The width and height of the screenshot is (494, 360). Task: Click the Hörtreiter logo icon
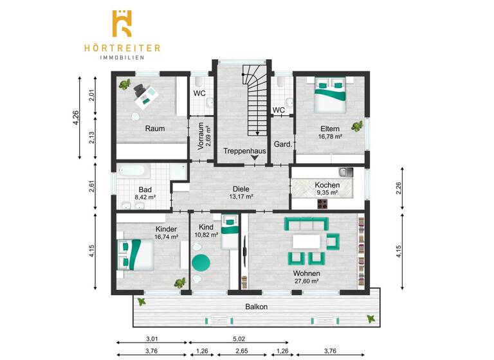(122, 24)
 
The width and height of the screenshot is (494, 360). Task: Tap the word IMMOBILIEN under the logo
(122, 57)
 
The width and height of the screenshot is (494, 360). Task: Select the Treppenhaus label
(245, 151)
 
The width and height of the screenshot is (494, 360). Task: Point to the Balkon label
(256, 307)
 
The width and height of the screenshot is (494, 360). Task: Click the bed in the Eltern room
(331, 94)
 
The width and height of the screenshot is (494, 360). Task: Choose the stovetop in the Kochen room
(321, 204)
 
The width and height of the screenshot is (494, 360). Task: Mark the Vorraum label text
(201, 135)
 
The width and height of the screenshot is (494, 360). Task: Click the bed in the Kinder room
(133, 254)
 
